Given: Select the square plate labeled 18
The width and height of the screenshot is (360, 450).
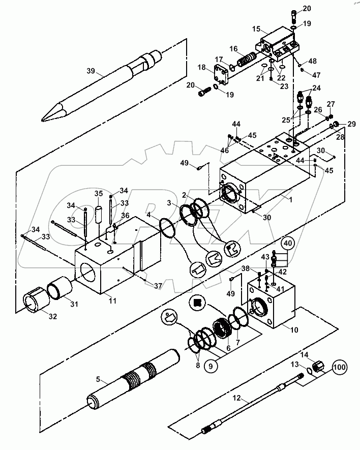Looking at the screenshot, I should pyautogui.click(x=222, y=76).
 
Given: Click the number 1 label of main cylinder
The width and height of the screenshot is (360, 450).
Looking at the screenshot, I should pyautogui.click(x=290, y=200).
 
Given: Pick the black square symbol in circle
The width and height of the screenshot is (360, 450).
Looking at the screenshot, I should pyautogui.click(x=197, y=302).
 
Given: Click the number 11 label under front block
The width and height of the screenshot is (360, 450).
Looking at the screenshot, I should pyautogui.click(x=112, y=301).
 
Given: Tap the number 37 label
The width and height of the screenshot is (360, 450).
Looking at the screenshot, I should pyautogui.click(x=158, y=286).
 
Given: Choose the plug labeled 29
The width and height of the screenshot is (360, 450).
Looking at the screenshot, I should pyautogui.click(x=334, y=126).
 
